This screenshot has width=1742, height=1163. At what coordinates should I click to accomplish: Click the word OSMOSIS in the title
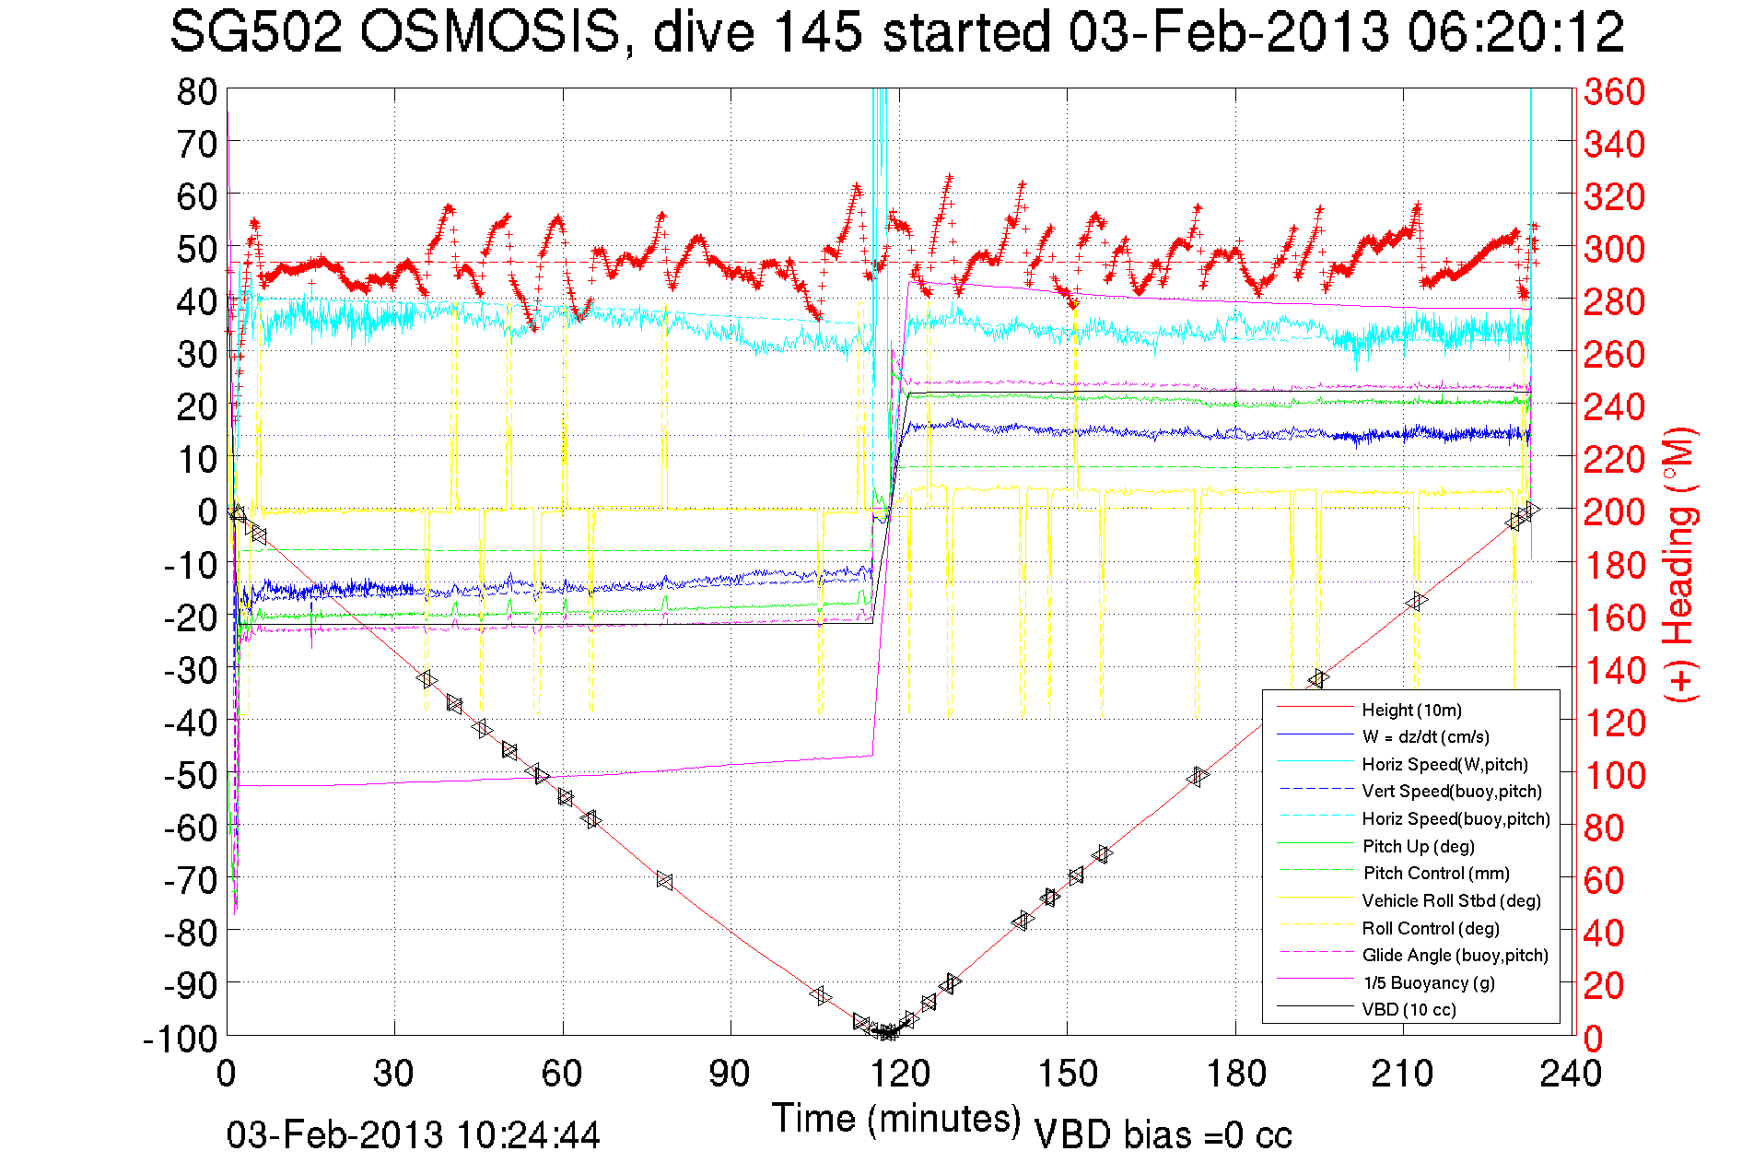coord(489,33)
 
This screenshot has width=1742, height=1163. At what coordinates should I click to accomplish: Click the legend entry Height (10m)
coord(1411,710)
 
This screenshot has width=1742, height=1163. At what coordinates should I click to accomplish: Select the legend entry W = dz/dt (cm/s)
coord(1425,736)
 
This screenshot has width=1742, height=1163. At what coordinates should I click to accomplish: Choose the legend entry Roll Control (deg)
coord(1430,928)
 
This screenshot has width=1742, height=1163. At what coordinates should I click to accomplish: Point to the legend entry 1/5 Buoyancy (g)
coord(1428,982)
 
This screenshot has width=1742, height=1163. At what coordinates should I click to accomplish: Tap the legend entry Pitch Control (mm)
coord(1436,873)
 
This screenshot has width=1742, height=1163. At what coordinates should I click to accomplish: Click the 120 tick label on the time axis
coord(899,1074)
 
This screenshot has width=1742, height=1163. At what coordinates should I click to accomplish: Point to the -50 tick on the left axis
coord(190,775)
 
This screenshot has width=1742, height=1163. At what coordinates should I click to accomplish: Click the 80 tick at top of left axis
coord(196,91)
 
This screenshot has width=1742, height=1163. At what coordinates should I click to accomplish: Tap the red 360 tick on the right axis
coord(1614,91)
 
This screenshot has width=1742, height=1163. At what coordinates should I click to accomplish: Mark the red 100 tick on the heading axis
coord(1614,775)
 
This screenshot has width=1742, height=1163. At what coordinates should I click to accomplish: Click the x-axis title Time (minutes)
coord(896,1119)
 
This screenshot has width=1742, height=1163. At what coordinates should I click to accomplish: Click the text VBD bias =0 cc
coord(1163,1135)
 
